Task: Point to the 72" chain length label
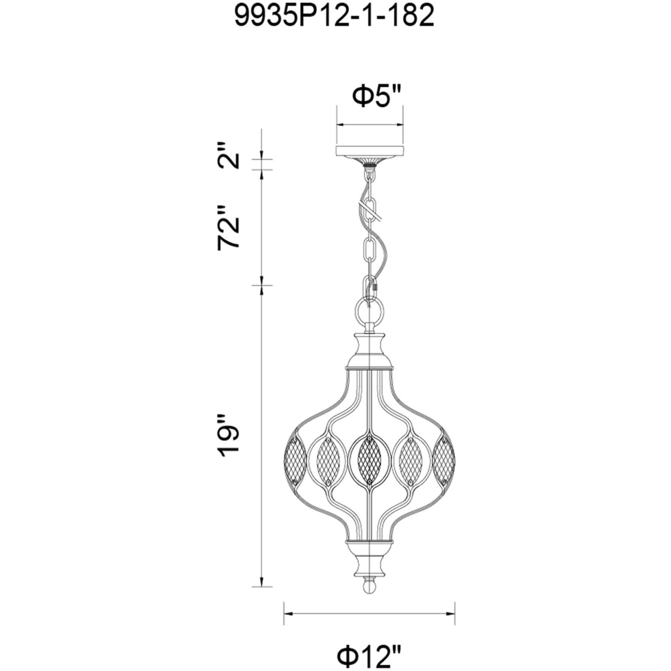click(x=229, y=227)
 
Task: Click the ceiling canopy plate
click(x=370, y=152)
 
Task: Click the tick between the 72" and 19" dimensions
click(x=262, y=285)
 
